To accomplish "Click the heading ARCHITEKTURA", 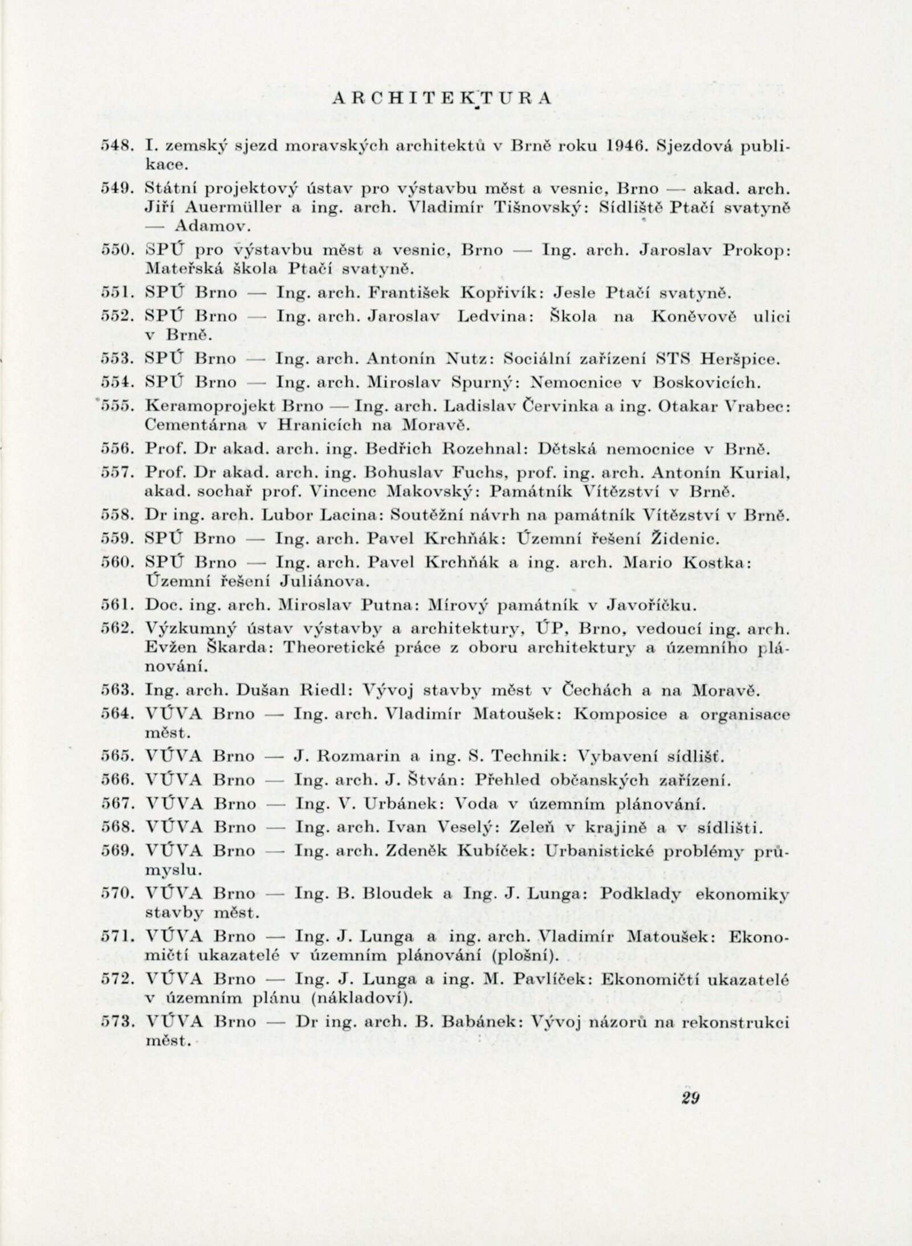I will (440, 98).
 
